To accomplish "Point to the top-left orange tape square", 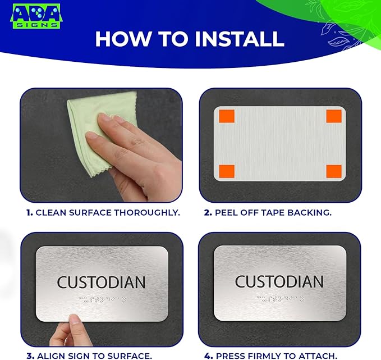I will click(226, 116).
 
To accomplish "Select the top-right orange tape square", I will click(334, 116).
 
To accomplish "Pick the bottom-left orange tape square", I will click(226, 171).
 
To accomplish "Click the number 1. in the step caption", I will click(29, 213).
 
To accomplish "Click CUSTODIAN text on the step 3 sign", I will click(102, 282).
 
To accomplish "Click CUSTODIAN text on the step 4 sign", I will click(279, 281).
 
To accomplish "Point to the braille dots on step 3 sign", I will click(102, 299).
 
